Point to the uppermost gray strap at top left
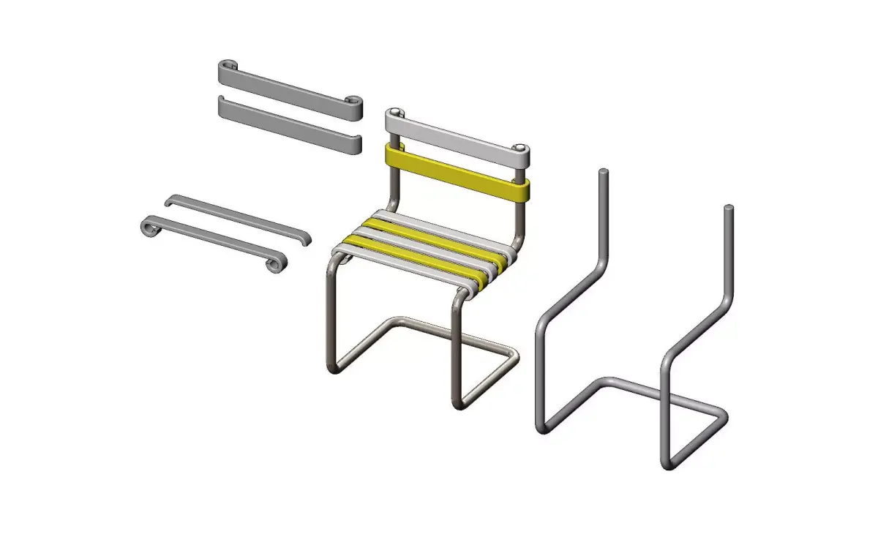(x=289, y=85)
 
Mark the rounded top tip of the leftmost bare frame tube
(x=603, y=173)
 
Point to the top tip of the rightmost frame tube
(x=729, y=210)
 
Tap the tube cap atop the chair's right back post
(x=520, y=149)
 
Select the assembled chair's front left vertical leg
(x=331, y=315)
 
